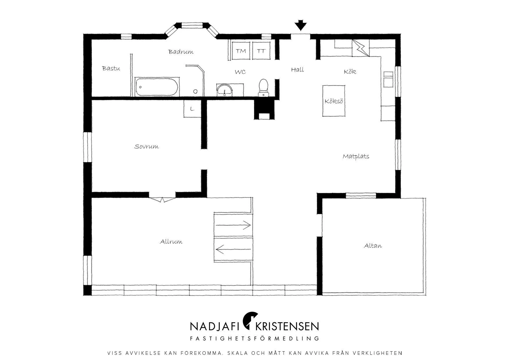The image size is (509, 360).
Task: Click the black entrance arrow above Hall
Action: coord(301,25)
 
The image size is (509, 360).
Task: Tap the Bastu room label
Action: coord(111,69)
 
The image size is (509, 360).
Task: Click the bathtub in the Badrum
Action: coord(157,87)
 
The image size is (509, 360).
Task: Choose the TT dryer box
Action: coord(261,51)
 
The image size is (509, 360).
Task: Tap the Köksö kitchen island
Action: coord(334,101)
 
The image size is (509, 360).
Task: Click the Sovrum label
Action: coord(147,146)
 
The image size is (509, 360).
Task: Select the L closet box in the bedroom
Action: coord(192,109)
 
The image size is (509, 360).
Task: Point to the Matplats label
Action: coord(356,156)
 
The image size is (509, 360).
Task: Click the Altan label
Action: coord(373,246)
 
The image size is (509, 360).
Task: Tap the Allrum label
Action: coord(171,242)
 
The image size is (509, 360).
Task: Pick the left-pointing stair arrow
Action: coord(234,249)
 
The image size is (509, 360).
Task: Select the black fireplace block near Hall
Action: coord(264,109)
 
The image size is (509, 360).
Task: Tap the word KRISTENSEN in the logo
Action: coord(287,326)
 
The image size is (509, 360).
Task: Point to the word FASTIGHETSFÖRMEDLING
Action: coord(255,339)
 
